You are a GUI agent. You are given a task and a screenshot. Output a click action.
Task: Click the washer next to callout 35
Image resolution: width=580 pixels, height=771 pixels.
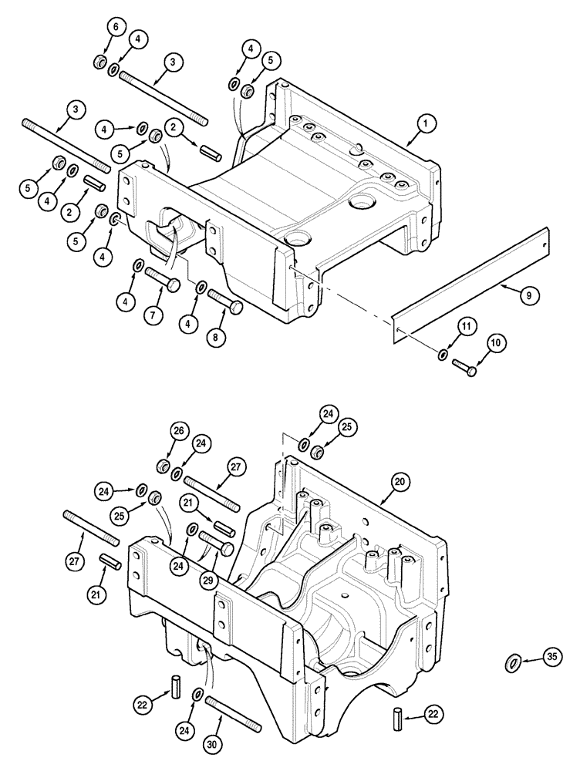point(511,662)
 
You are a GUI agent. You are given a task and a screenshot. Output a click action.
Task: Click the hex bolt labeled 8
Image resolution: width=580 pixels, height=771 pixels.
point(224,301)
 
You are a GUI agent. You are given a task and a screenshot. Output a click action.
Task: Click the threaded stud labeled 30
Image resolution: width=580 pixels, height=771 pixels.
point(234,710)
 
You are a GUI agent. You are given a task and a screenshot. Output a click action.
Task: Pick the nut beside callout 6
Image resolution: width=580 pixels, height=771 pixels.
point(100,62)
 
